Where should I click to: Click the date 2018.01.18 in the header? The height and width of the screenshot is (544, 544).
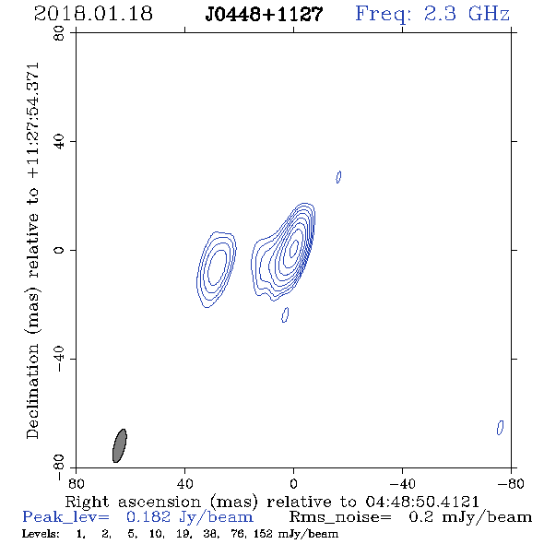pos(93,14)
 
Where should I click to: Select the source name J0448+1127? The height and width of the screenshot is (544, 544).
pos(264,15)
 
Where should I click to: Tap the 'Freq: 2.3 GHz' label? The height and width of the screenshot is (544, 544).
pos(432,14)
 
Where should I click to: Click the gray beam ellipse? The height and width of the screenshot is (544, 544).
pos(120,445)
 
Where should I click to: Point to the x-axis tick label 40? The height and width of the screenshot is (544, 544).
pos(184,484)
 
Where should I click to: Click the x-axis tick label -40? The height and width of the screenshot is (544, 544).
pos(402,484)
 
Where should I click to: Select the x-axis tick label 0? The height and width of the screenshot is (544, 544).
pos(293,484)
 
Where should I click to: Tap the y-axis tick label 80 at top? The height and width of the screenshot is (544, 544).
pos(59,33)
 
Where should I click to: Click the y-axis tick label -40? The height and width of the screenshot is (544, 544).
pos(59,359)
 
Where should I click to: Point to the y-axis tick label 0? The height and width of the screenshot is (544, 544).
pos(59,250)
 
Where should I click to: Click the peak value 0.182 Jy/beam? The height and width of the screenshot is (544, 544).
pos(189,517)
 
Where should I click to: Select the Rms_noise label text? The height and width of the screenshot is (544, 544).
pos(340,517)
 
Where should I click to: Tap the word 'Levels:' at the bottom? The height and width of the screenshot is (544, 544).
pos(41,534)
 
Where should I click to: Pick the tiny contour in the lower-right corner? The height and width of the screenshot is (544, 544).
pos(500,428)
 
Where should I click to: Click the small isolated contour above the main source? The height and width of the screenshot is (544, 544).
pos(338,177)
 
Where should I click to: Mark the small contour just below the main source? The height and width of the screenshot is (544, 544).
pos(285,314)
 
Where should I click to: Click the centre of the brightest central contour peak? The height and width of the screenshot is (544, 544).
pos(294,247)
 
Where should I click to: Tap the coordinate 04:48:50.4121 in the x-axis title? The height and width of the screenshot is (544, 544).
pos(422,502)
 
